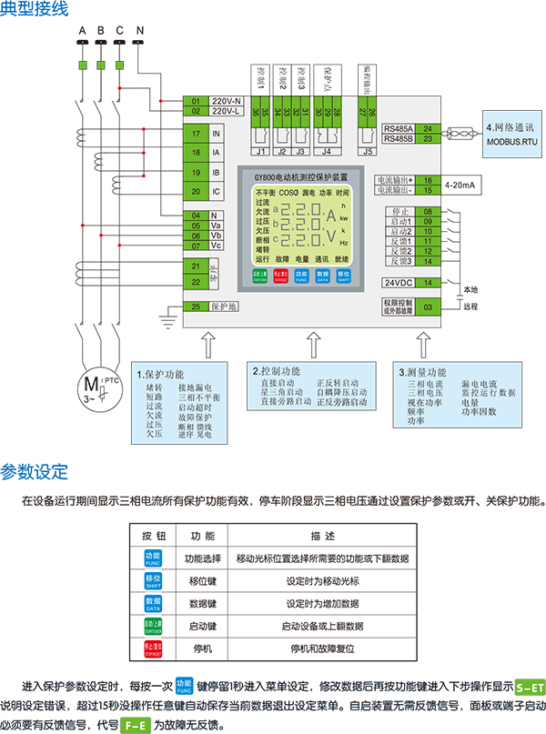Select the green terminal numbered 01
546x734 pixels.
(197, 100)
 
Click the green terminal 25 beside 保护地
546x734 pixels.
(197, 307)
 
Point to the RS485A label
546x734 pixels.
(398, 130)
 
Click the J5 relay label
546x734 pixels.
(369, 153)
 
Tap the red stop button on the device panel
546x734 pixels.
(280, 274)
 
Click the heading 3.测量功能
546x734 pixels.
(423, 372)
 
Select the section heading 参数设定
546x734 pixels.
(35, 472)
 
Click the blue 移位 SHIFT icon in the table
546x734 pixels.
(153, 581)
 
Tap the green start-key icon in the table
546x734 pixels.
(153, 627)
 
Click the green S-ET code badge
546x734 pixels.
(530, 689)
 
